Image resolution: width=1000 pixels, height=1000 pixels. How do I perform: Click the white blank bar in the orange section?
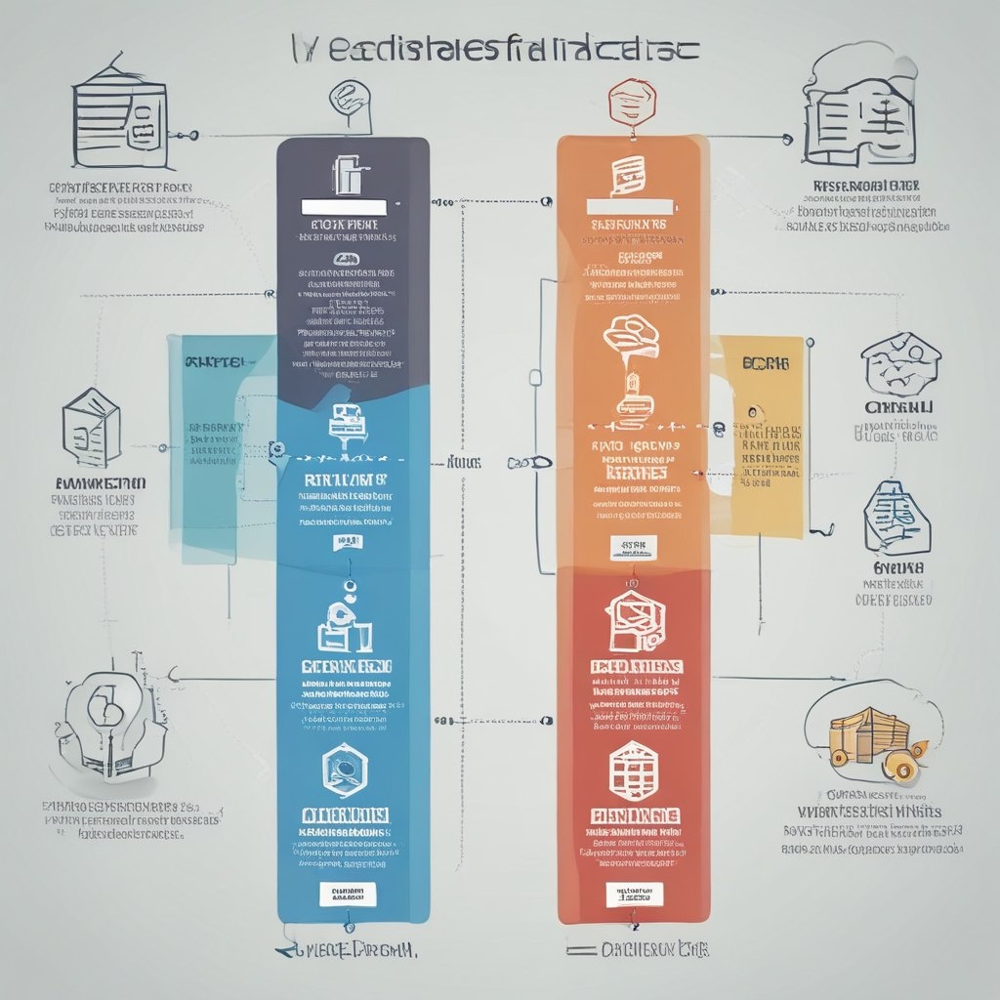click(x=631, y=206)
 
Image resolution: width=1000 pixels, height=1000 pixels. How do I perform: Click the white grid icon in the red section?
click(x=632, y=768)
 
